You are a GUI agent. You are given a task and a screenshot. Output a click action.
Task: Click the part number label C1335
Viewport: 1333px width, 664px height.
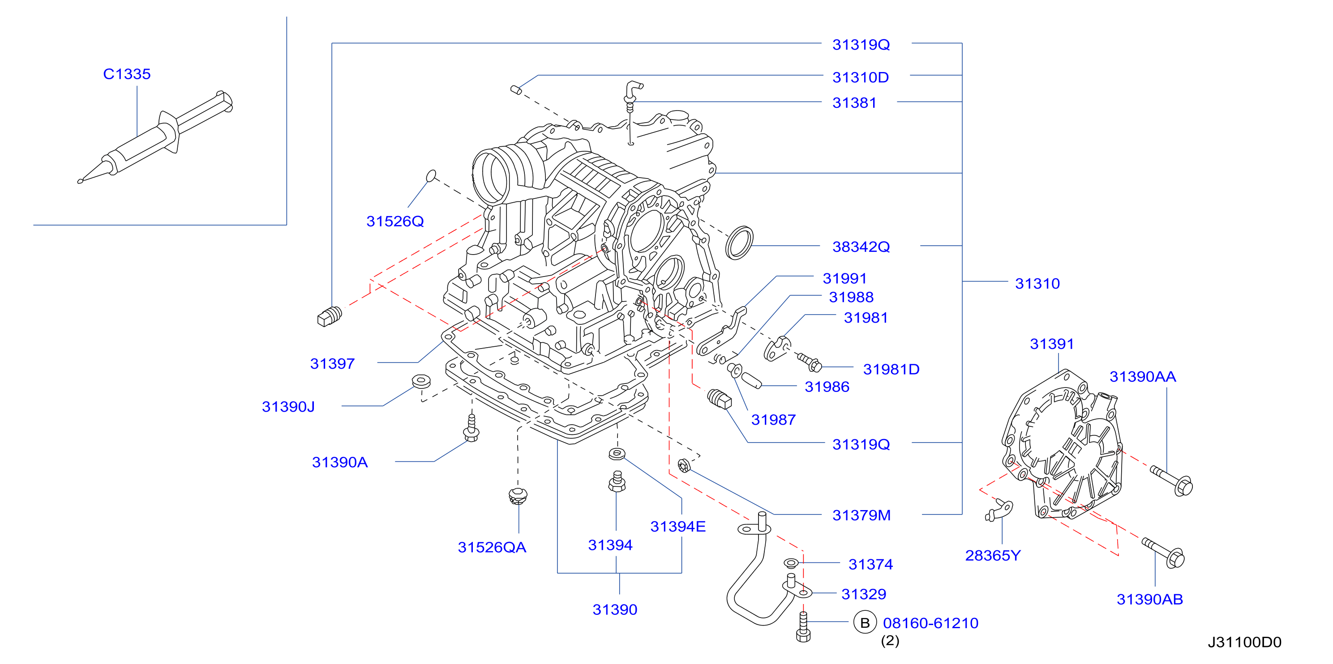coord(127,74)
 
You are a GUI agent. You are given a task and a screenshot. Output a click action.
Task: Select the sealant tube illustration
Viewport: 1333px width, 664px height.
coord(155,137)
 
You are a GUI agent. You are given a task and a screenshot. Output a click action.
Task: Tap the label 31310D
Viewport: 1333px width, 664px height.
coord(861,77)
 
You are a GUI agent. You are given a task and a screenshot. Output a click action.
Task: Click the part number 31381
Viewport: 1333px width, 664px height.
coord(854,102)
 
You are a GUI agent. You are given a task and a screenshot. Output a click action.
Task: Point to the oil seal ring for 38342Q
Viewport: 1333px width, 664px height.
coord(739,242)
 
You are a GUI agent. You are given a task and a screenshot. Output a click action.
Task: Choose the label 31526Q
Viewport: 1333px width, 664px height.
coord(395,221)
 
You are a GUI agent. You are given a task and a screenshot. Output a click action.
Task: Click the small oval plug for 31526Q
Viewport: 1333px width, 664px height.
coord(431,176)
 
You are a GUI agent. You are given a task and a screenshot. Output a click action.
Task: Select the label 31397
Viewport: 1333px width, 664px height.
coord(332,364)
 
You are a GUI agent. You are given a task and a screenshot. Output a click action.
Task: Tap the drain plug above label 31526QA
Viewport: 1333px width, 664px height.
coord(518,496)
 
